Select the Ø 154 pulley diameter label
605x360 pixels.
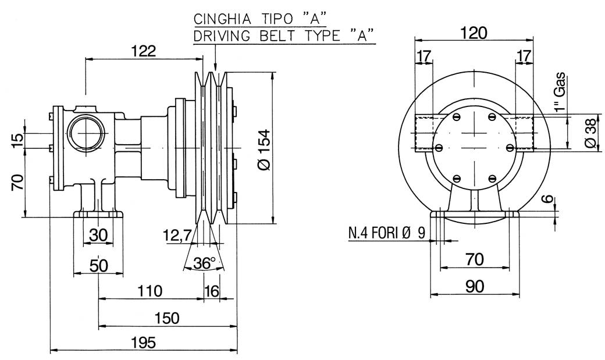pos(262,150)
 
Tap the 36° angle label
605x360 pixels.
pos(204,263)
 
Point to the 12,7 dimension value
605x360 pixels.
pos(177,236)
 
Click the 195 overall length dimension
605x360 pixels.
pos(143,343)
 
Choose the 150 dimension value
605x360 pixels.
pos(167,318)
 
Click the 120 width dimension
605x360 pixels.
pos(473,33)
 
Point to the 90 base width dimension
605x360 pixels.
pos(475,286)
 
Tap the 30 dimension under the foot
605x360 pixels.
pos(98,235)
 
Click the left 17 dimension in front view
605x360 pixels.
pos(425,56)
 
